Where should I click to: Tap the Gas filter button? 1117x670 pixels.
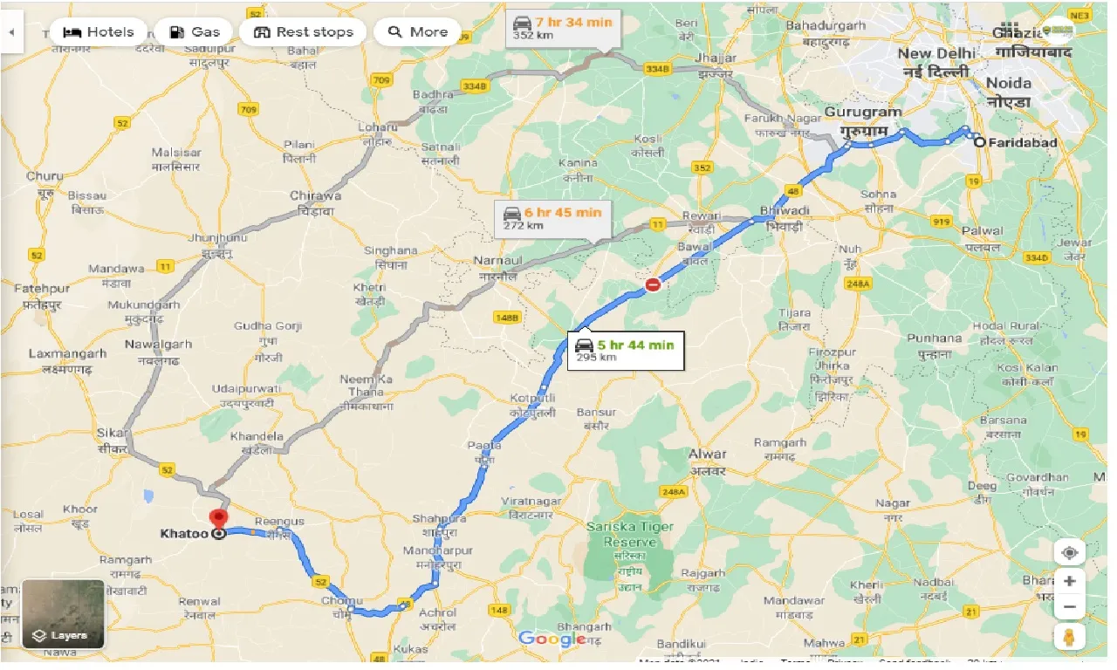[x=194, y=32]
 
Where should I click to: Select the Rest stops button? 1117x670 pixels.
[x=303, y=32]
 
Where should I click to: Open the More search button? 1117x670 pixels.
[x=417, y=32]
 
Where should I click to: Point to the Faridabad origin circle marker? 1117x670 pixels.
[x=980, y=142]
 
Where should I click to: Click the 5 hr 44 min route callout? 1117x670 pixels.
[x=625, y=350]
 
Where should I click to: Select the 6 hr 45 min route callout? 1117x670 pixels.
[x=552, y=217]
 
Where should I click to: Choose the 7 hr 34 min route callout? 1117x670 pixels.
[x=563, y=27]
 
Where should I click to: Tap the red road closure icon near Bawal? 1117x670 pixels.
[x=653, y=284]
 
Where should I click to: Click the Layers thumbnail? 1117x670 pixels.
[x=63, y=614]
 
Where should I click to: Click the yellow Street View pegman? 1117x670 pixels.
[x=1070, y=636]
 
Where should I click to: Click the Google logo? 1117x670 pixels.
[x=552, y=639]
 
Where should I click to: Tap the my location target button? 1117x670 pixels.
[x=1070, y=552]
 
